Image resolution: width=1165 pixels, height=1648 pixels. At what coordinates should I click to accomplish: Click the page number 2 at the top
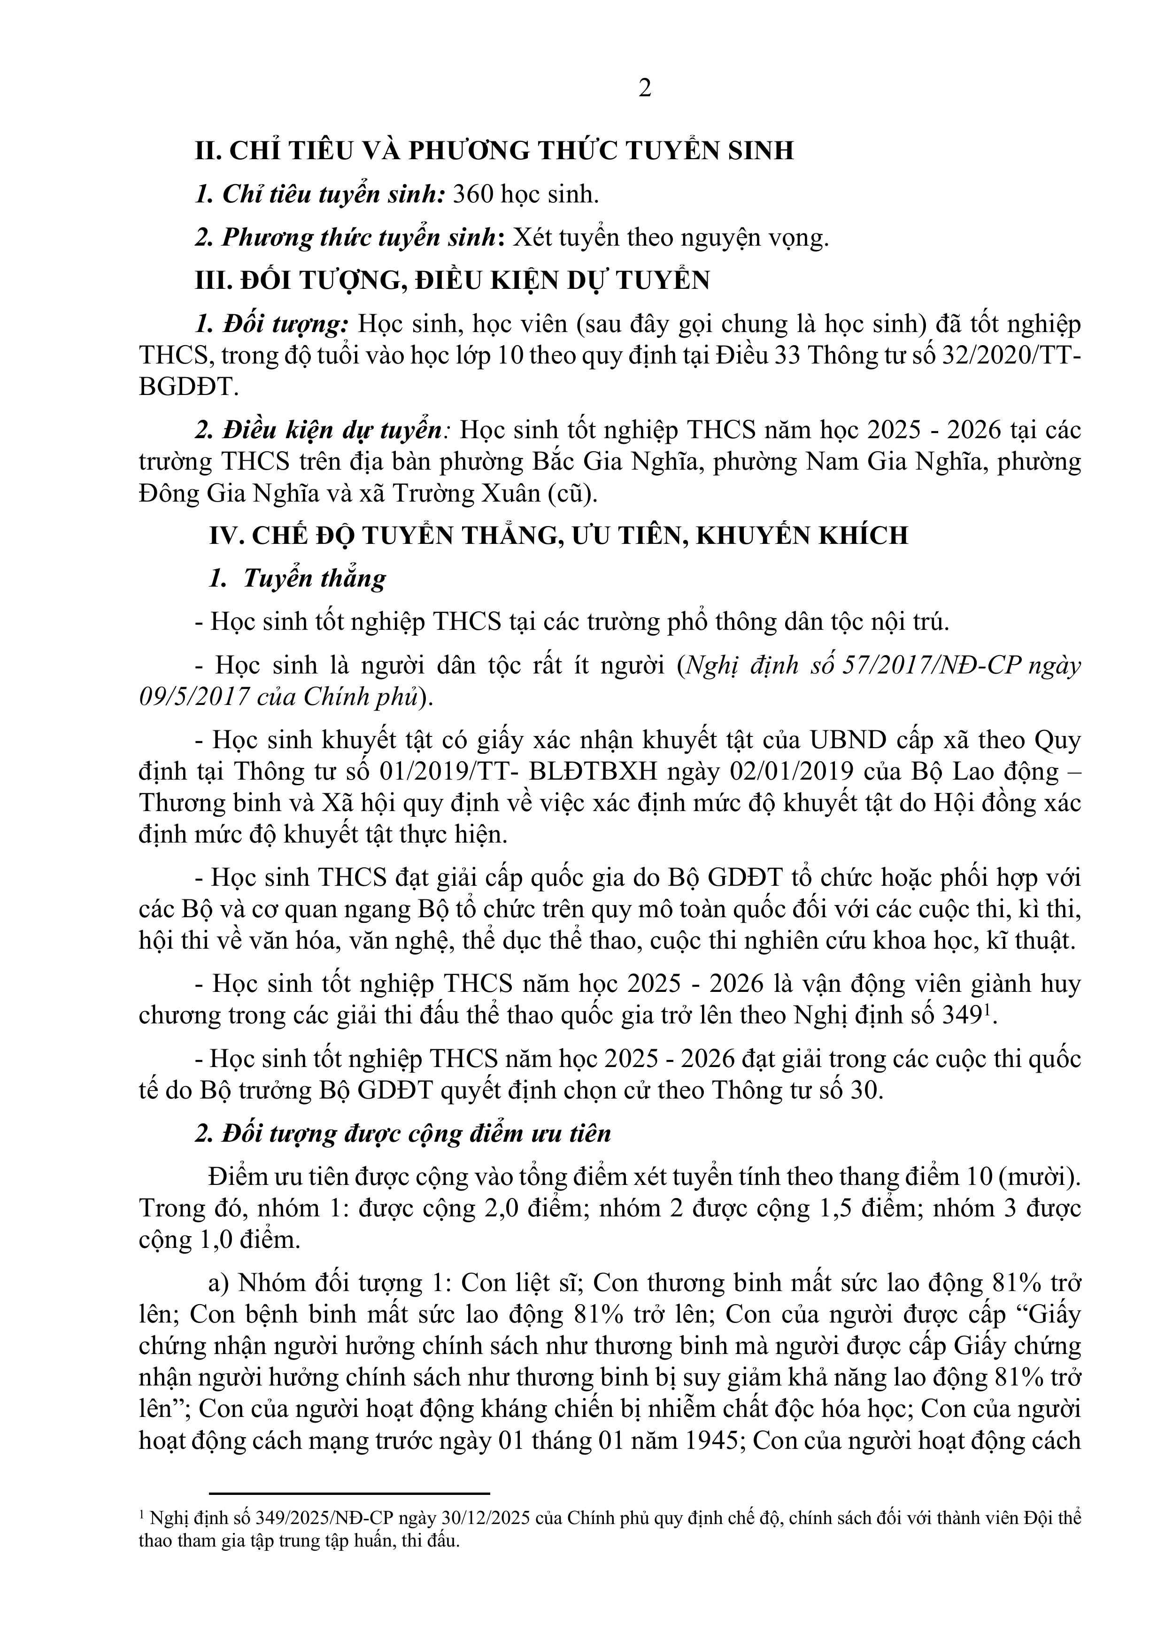pyautogui.click(x=645, y=88)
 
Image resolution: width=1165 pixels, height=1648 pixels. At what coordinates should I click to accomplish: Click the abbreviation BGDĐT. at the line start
pyautogui.click(x=188, y=387)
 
